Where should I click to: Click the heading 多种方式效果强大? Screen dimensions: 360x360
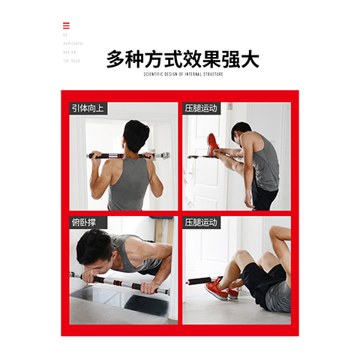183,58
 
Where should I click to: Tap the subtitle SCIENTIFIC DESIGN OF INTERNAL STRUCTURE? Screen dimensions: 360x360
183,74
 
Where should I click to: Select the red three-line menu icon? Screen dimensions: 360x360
66,26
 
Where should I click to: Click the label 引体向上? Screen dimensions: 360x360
88,109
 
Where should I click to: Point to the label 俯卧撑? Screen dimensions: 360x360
84,223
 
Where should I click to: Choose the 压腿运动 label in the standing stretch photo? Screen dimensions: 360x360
201,109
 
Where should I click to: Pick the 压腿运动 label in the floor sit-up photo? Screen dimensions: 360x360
201,223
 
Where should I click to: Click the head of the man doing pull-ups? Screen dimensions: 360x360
136,136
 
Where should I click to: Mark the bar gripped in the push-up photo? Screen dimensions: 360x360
120,283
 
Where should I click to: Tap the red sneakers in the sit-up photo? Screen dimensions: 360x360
218,288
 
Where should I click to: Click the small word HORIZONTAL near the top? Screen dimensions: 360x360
73,43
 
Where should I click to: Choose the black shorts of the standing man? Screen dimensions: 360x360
263,197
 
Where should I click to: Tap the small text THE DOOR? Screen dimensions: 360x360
72,61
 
